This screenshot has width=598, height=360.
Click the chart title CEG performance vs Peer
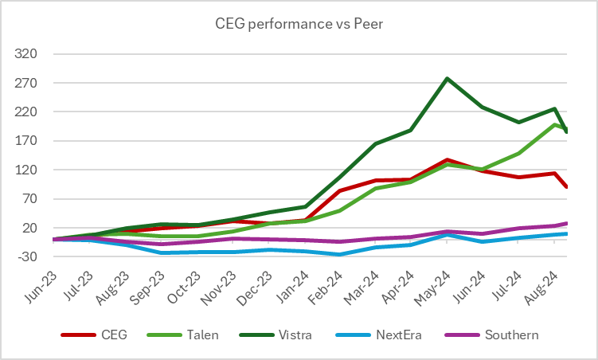click(299, 25)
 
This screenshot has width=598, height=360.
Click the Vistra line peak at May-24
click(447, 79)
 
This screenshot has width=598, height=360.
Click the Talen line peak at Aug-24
click(553, 124)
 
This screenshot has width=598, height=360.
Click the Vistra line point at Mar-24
click(375, 144)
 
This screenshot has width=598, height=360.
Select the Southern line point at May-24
click(447, 232)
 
